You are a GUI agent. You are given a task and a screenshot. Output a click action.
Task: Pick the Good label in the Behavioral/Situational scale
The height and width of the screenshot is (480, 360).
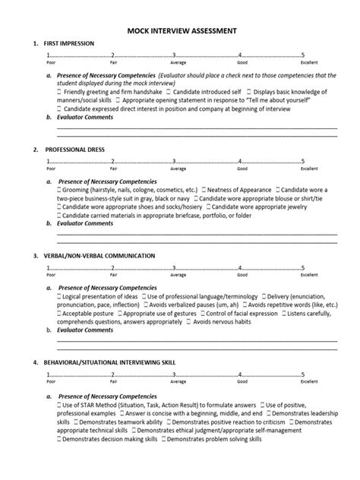pyautogui.click(x=242, y=381)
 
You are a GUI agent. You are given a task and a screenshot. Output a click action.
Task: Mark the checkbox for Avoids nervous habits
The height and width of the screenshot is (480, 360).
pyautogui.click(x=210, y=320)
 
